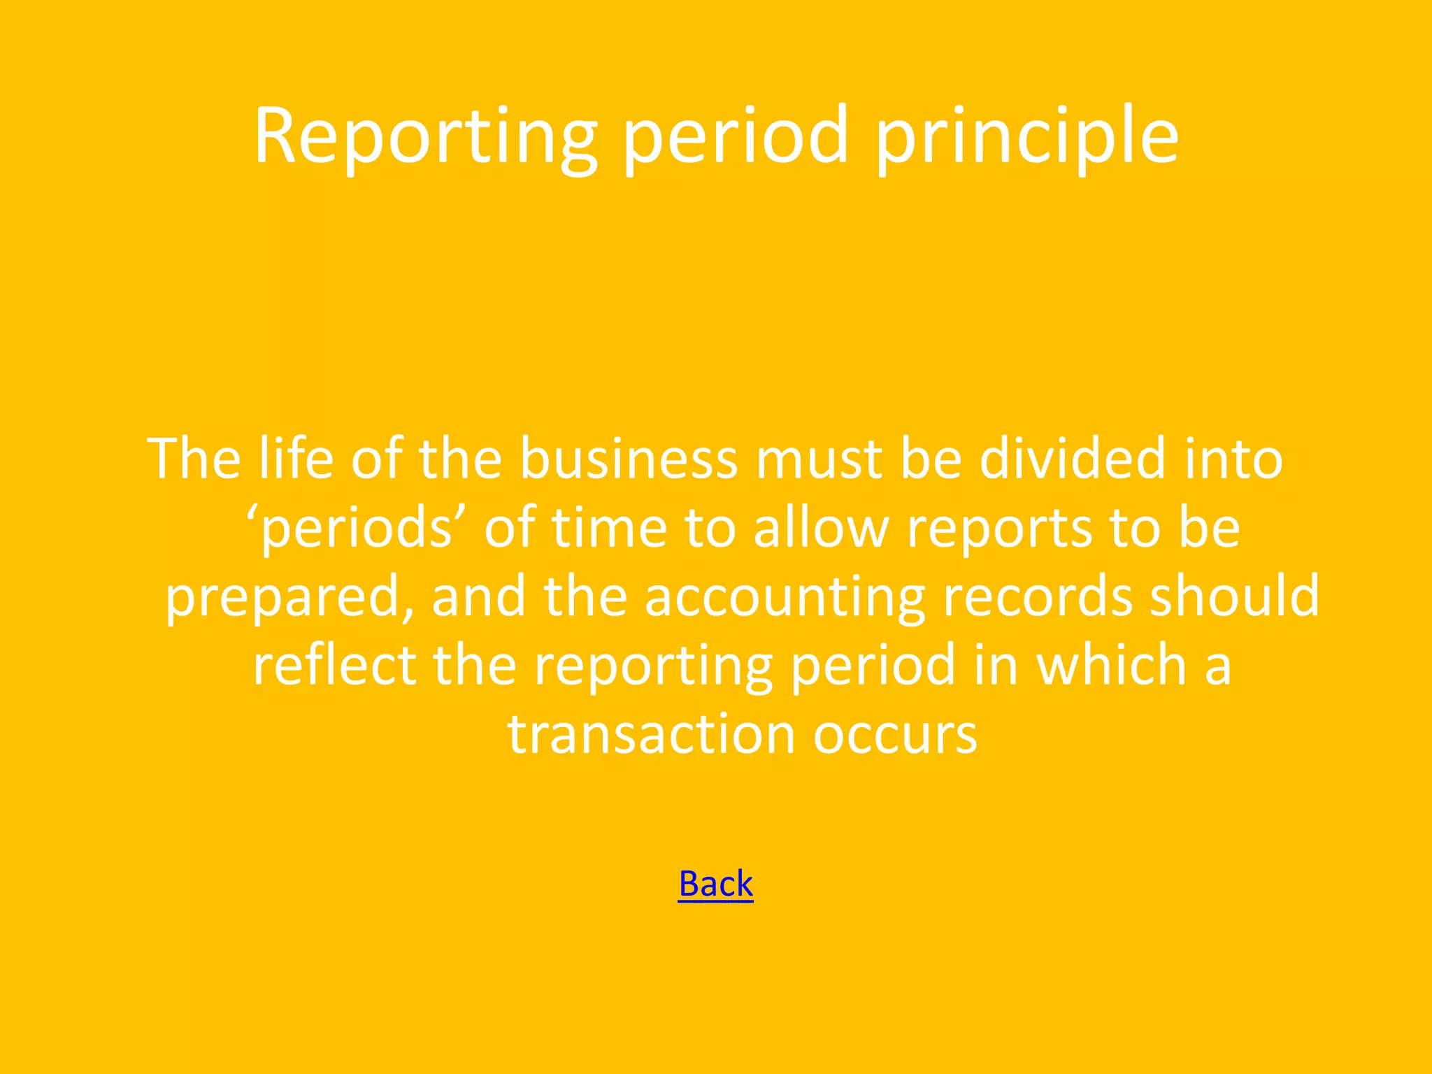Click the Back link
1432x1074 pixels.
(715, 884)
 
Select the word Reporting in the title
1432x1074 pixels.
(425, 136)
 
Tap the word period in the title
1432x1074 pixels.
(736, 136)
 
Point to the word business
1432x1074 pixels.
(628, 459)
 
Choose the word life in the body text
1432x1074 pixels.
(296, 459)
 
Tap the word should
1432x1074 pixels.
(1235, 596)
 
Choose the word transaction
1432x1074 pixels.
(651, 735)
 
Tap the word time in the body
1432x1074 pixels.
(609, 528)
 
